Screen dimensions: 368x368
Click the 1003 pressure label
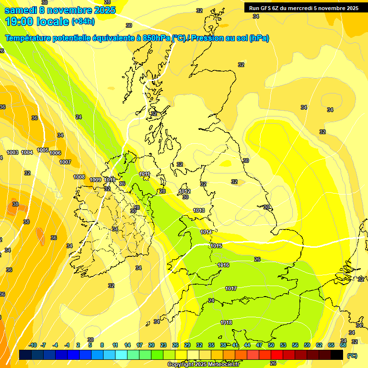pyautogui.click(x=12, y=152)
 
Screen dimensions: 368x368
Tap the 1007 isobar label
pyautogui.click(x=65, y=162)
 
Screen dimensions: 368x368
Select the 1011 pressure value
pyautogui.click(x=145, y=174)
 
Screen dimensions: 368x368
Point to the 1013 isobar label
pyautogui.click(x=199, y=210)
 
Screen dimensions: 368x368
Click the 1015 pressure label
pyautogui.click(x=216, y=246)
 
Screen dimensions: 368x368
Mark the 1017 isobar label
pyautogui.click(x=231, y=288)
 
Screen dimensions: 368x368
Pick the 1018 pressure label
pyautogui.click(x=227, y=322)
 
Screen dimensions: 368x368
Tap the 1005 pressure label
pyautogui.click(x=43, y=150)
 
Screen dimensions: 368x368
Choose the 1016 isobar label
pyautogui.click(x=223, y=265)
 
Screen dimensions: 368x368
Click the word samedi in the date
pyautogui.click(x=20, y=10)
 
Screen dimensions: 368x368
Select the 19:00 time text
pyautogui.click(x=20, y=21)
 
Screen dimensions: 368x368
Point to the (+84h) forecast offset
pyautogui.click(x=83, y=22)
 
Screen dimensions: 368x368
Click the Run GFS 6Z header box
pyautogui.click(x=303, y=8)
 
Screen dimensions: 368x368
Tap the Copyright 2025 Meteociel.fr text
pyautogui.click(x=203, y=364)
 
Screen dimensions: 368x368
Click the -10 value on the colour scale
pyautogui.click(x=33, y=345)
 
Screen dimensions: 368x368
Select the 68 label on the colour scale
pyautogui.click(x=343, y=345)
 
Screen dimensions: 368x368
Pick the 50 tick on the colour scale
pyautogui.click(x=271, y=345)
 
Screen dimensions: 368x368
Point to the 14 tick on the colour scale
pyautogui.click(x=127, y=345)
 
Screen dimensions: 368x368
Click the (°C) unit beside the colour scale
pyautogui.click(x=352, y=356)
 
